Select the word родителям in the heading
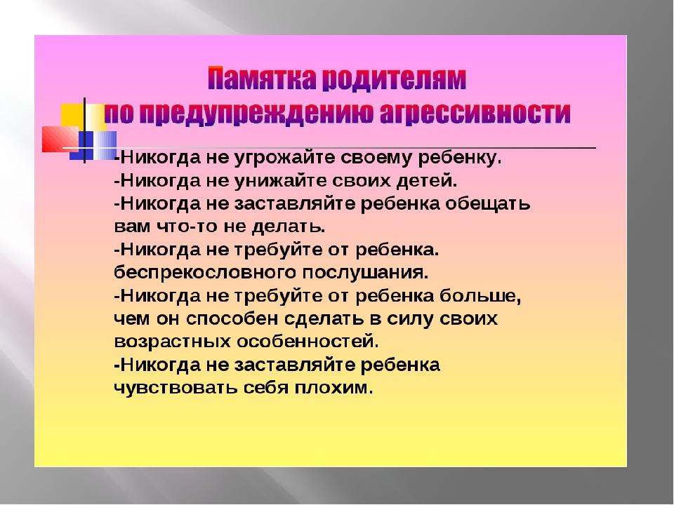click(x=394, y=78)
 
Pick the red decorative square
click(x=60, y=139)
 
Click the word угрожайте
click(x=284, y=158)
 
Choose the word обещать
click(x=487, y=204)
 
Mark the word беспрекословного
click(x=205, y=273)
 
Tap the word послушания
click(x=365, y=273)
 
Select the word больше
click(x=480, y=296)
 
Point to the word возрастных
click(x=173, y=342)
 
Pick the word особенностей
click(x=308, y=342)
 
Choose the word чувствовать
click(x=176, y=388)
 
